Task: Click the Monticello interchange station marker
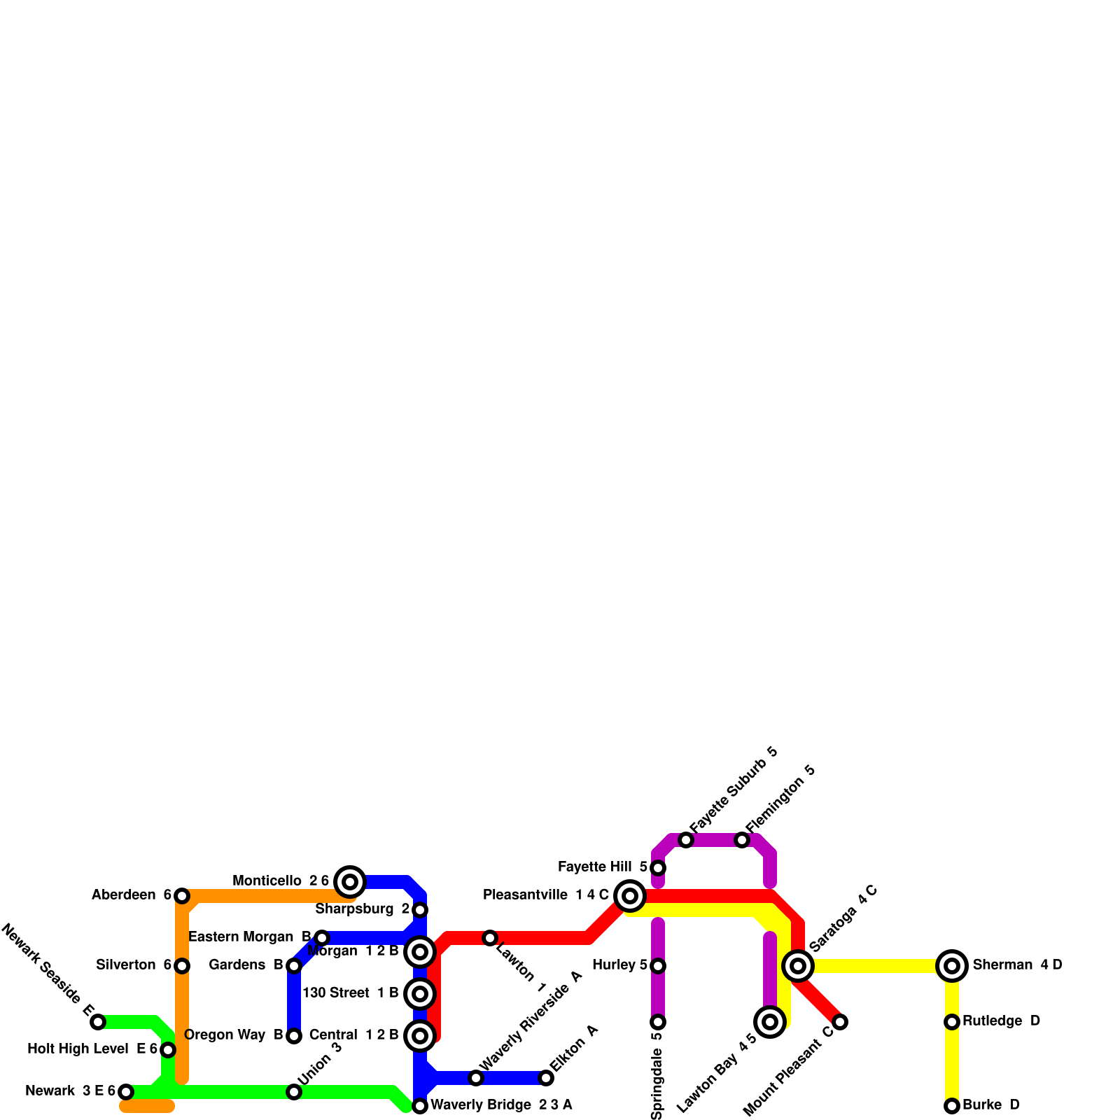350,881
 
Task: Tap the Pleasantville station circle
630,895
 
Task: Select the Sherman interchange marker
952,966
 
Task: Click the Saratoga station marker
798,966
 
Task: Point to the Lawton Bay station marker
770,1022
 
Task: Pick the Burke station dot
952,1106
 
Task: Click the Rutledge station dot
952,1022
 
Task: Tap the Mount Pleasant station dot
840,1022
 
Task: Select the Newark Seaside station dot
98,1022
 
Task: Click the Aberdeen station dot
182,896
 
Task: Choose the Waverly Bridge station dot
420,1106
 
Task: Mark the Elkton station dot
546,1078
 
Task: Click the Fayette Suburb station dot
686,840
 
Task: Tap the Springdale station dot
658,1022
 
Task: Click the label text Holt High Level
78,1049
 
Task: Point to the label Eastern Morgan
241,937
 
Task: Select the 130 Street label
335,993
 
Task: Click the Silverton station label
126,965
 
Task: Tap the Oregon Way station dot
294,1036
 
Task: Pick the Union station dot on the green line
294,1092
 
